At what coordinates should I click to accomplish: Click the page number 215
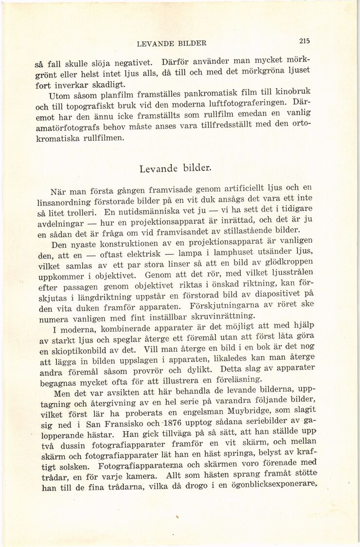tap(305, 41)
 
